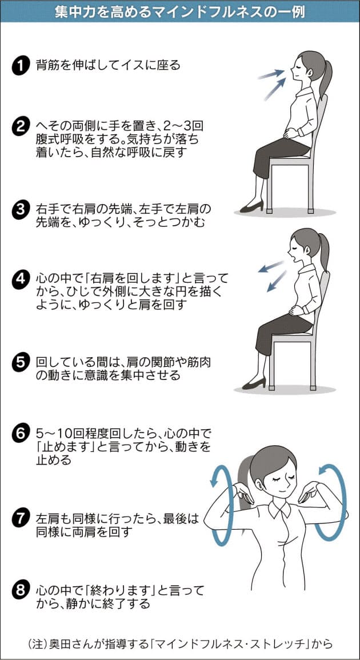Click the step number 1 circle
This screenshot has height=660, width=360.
click(x=20, y=66)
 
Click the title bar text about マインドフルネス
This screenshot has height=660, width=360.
click(x=180, y=11)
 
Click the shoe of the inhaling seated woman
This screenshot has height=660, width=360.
click(x=252, y=207)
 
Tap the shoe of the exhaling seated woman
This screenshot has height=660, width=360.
click(x=254, y=383)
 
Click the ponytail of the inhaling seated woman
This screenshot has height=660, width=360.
click(x=326, y=80)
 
